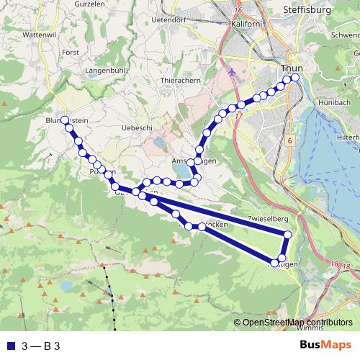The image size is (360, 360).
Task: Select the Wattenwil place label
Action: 19,34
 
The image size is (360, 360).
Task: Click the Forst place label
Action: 70,52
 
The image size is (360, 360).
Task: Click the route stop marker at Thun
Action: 294,78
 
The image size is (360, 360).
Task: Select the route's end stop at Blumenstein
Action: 64,120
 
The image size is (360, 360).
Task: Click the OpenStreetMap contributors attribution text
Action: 297,322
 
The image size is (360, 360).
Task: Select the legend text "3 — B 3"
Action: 40,346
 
